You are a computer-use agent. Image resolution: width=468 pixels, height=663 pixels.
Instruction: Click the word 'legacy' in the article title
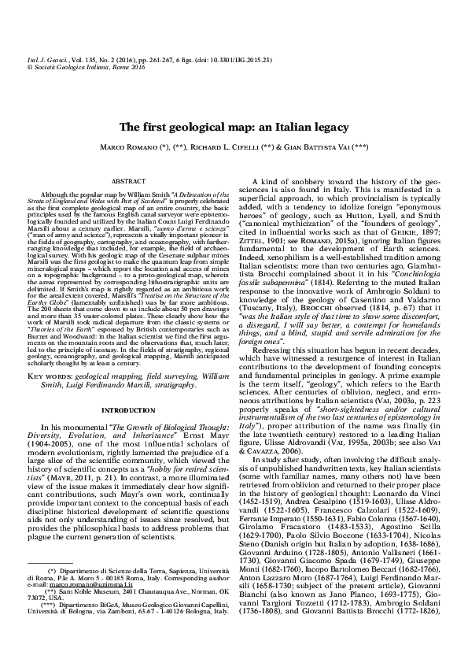328,127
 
